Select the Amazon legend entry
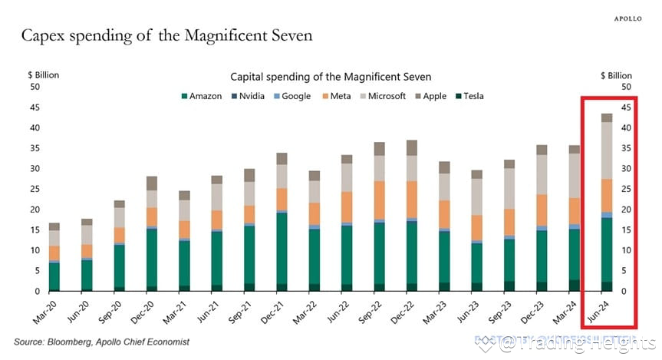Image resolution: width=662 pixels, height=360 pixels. [202, 96]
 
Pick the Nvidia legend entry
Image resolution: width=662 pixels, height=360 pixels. [250, 96]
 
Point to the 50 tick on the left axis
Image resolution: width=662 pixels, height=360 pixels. [34, 87]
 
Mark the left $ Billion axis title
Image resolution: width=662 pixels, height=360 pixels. [43, 75]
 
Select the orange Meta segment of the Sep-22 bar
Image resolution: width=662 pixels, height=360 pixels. [379, 201]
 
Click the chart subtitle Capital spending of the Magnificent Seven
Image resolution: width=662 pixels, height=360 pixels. [331, 77]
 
